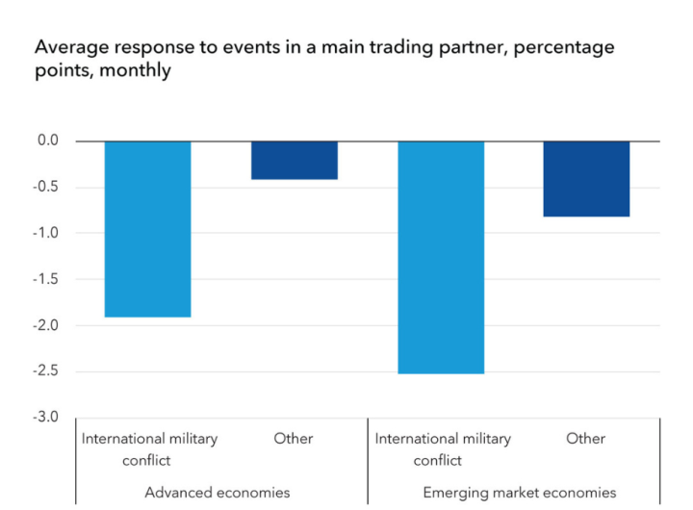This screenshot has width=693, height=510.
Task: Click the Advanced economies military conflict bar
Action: [147, 229]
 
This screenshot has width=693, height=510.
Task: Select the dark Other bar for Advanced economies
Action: [295, 161]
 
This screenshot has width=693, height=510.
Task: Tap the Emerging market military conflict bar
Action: [441, 257]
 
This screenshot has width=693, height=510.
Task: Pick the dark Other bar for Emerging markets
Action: [586, 179]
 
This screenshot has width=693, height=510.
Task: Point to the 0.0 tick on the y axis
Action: [47, 140]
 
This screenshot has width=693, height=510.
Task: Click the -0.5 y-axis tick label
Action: [45, 187]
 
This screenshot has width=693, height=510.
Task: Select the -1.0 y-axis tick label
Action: [45, 233]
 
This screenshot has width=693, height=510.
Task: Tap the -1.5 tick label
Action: [45, 279]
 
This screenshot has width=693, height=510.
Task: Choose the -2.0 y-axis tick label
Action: [45, 325]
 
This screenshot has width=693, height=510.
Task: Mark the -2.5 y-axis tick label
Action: [45, 371]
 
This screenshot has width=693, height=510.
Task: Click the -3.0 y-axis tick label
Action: [45, 418]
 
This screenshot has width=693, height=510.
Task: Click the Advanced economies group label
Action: [217, 493]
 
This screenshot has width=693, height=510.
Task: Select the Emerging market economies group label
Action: [520, 493]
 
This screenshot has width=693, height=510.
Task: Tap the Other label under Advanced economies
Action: [294, 439]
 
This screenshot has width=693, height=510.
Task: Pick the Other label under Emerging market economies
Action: [586, 439]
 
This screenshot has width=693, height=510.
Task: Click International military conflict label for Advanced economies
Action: [149, 448]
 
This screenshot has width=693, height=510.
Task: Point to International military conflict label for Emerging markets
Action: [443, 448]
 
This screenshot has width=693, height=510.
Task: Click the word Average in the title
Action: [66, 46]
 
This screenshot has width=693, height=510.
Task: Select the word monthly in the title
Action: [139, 71]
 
